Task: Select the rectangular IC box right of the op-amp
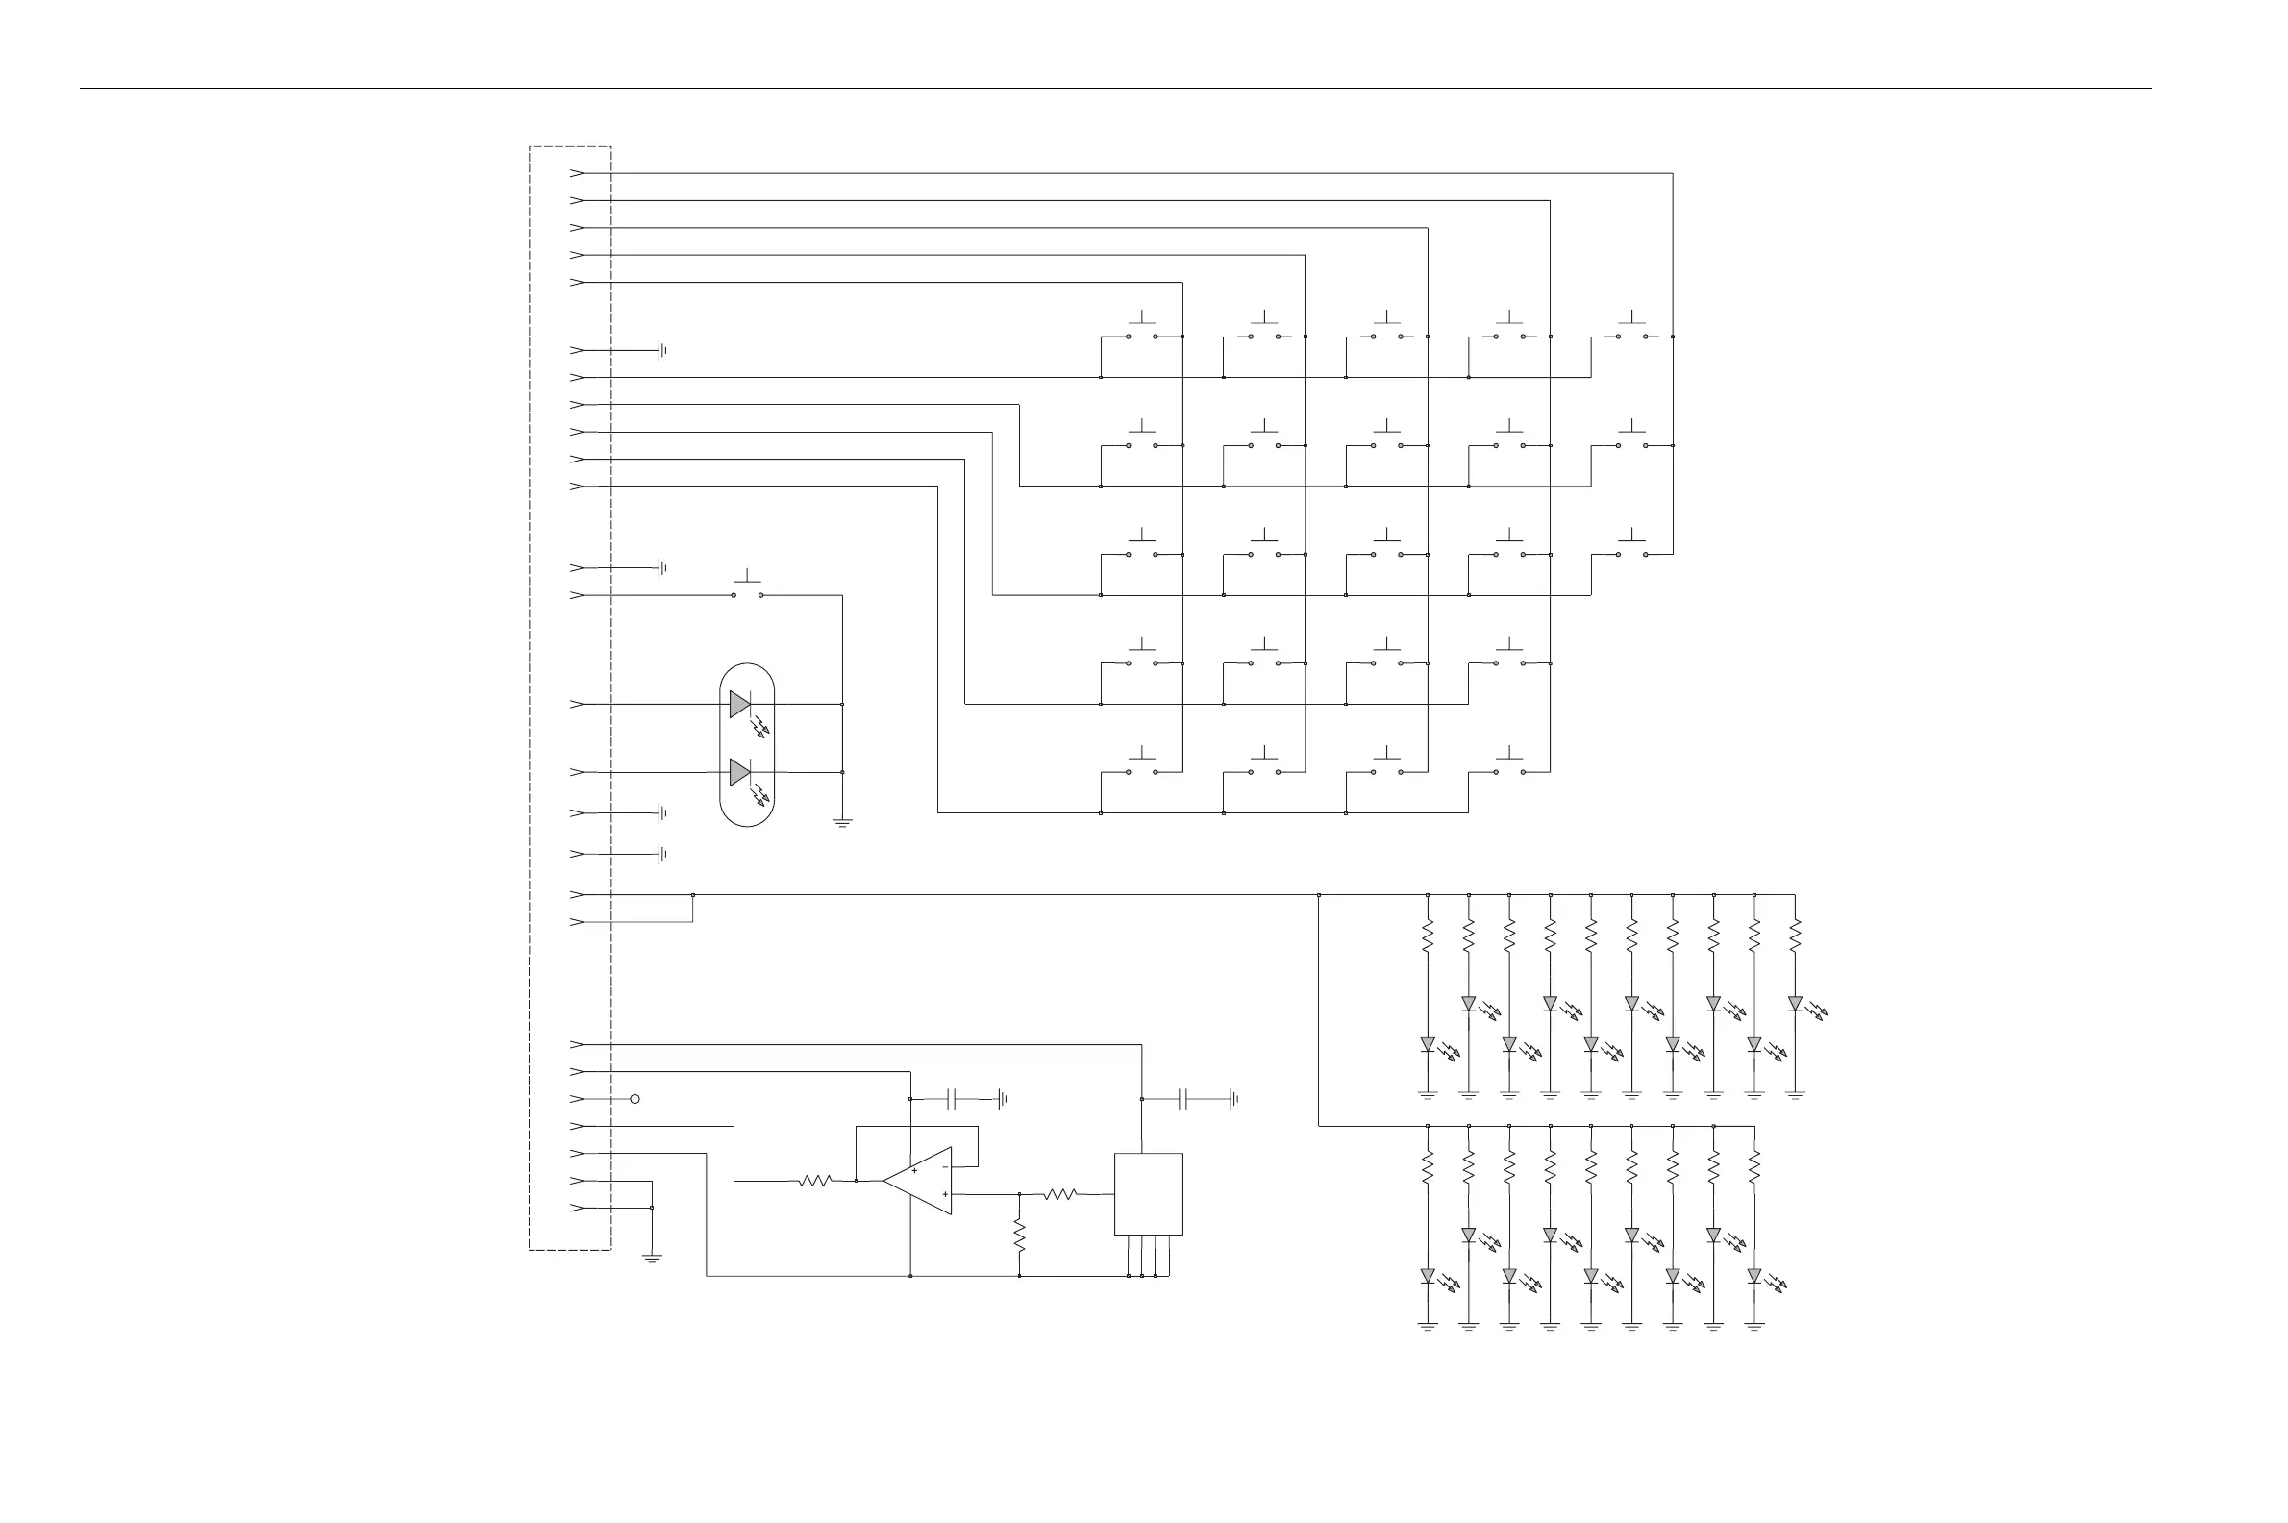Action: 1148,1194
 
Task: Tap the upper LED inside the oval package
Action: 740,703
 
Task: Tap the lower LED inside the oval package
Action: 740,772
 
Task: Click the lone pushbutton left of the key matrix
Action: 747,589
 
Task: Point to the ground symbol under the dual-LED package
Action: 842,823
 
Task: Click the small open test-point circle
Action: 635,1099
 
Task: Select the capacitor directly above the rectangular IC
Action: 1182,1099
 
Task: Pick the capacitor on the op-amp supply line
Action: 954,1099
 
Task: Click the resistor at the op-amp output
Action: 815,1181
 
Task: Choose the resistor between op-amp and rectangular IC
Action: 1060,1194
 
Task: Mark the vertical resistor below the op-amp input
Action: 1020,1236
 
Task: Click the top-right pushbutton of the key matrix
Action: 1631,331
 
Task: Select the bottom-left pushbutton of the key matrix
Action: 1141,767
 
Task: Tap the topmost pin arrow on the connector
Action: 577,173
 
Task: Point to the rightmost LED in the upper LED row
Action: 1795,1004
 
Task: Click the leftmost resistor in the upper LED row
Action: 1428,936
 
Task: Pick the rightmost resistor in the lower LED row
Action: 1753,1167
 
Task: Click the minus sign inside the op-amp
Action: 945,1166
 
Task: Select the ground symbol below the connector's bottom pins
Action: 652,1258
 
